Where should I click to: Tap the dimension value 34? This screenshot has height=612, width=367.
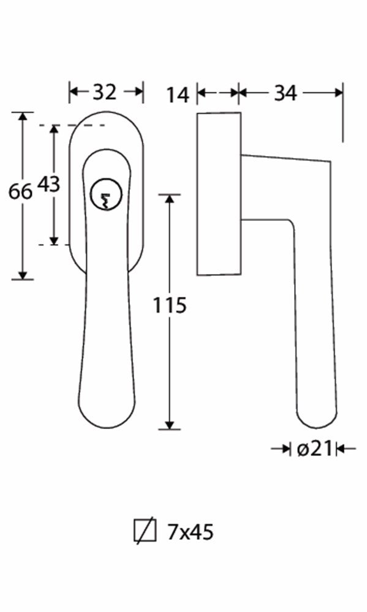285,93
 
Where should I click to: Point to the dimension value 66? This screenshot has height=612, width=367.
20,192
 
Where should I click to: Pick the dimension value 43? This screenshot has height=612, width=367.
49,184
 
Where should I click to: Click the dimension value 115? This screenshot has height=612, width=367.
169,304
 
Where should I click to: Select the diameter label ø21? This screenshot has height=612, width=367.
314,449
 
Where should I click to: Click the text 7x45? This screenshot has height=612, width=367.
190,532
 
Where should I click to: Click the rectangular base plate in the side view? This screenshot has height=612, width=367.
218,193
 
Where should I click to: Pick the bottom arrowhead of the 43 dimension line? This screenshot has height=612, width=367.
55,240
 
